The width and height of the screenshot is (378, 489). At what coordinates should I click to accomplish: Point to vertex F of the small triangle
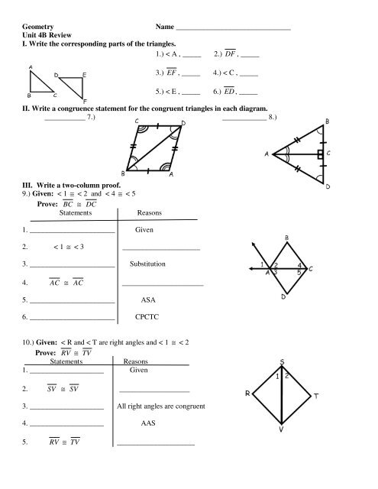[x=85, y=101]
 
